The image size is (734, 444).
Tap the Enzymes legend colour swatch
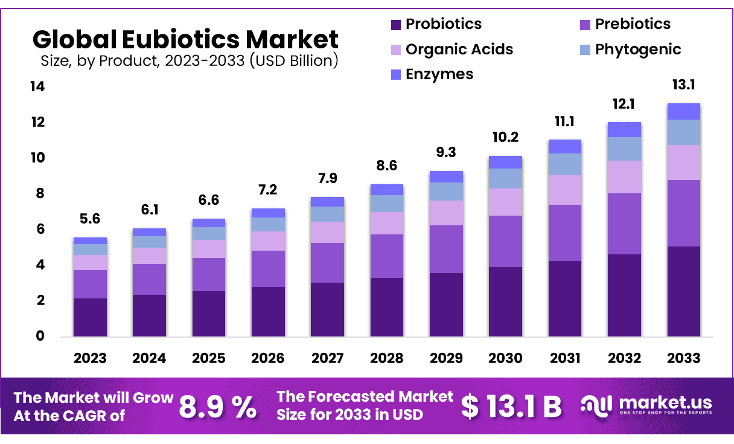(397, 75)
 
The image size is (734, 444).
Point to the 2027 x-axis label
(327, 358)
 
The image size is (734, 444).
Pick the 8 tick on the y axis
(40, 194)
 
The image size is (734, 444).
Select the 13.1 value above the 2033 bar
(683, 85)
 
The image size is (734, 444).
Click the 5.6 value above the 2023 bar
(90, 219)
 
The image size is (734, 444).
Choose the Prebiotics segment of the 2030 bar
(505, 241)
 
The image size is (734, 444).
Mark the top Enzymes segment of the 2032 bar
(624, 129)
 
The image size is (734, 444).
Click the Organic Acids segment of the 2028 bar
(387, 223)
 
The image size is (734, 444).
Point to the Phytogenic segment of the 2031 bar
(564, 164)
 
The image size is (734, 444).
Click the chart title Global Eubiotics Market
(185, 39)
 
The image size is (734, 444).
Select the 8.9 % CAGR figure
(218, 407)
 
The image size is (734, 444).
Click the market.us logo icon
(596, 405)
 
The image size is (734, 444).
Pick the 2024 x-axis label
(149, 358)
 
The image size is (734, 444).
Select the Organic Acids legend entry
(459, 50)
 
